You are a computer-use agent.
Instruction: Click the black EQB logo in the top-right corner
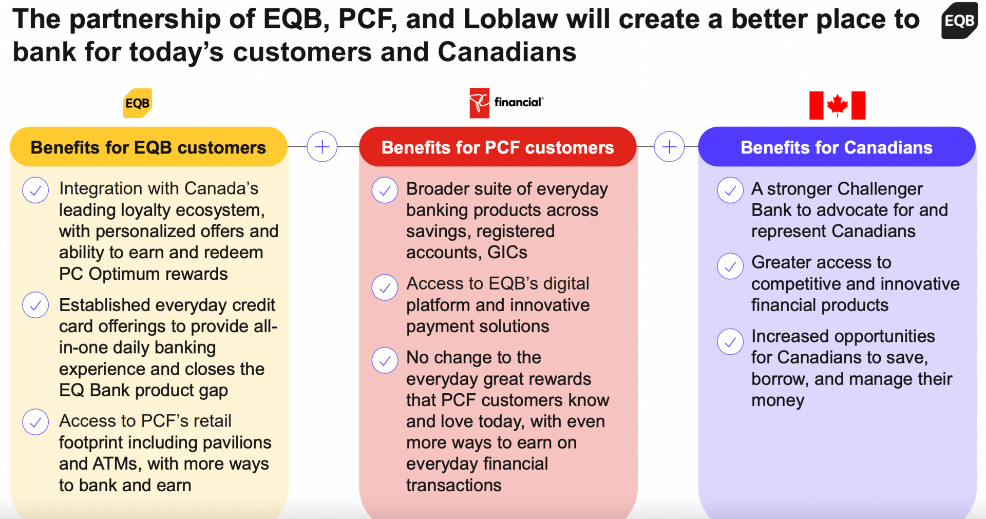point(959,21)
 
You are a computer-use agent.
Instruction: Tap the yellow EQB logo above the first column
point(138,103)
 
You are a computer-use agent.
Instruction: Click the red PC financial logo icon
point(479,103)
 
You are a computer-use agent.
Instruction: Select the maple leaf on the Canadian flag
point(837,105)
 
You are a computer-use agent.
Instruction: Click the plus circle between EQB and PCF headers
point(322,147)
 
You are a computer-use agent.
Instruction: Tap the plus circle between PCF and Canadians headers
point(669,147)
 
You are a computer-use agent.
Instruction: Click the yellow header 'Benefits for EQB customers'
point(148,147)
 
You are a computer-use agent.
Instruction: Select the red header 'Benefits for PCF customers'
point(498,147)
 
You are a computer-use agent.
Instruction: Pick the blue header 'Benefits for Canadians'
point(837,147)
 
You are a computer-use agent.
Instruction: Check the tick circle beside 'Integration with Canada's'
point(35,190)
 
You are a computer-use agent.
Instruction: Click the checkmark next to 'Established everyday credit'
point(35,305)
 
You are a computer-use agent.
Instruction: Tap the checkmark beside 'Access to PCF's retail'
point(35,422)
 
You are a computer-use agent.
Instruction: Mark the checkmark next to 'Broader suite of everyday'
point(385,190)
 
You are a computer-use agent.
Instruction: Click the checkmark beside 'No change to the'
point(385,360)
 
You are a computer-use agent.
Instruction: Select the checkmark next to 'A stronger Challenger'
point(730,190)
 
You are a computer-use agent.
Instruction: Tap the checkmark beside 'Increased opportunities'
point(730,341)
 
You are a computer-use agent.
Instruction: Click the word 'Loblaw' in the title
point(510,20)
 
